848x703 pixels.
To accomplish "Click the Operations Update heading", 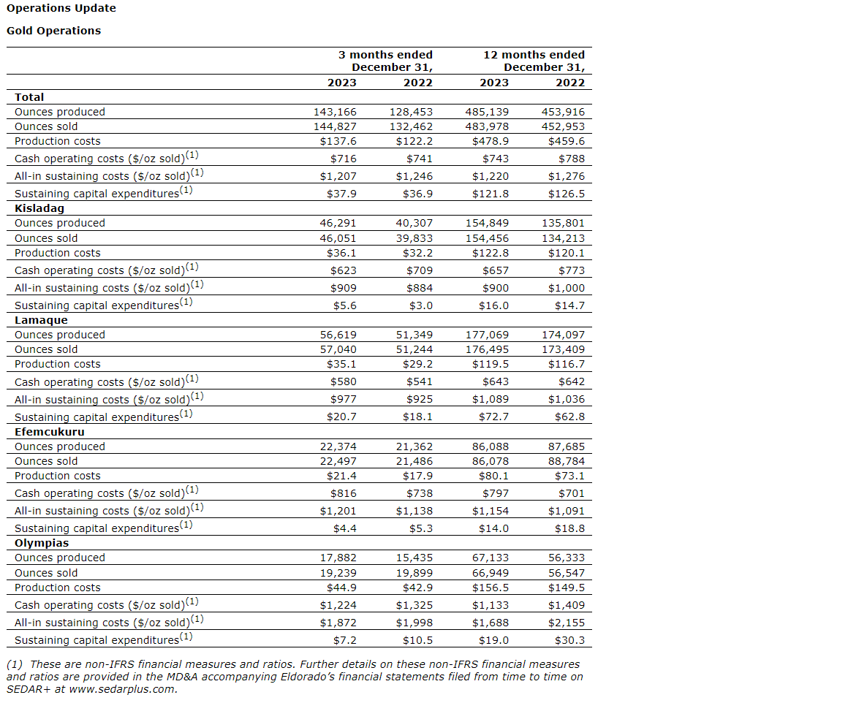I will pyautogui.click(x=61, y=8).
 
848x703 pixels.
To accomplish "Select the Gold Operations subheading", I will pyautogui.click(x=53, y=31).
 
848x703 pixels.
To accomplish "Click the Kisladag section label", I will pyautogui.click(x=39, y=208).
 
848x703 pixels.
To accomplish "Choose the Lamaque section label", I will pyautogui.click(x=41, y=320).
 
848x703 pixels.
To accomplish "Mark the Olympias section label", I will pyautogui.click(x=42, y=543).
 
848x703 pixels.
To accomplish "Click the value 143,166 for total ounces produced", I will pyautogui.click(x=336, y=112).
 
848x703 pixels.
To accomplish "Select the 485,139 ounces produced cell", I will pyautogui.click(x=488, y=112).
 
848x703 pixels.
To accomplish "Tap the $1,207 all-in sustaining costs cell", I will pyautogui.click(x=338, y=176).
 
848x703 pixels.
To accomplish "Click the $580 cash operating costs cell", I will pyautogui.click(x=343, y=381).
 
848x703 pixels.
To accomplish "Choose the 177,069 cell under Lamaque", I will pyautogui.click(x=488, y=335).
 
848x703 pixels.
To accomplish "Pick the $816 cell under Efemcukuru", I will pyautogui.click(x=343, y=493).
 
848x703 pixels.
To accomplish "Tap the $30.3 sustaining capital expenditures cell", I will pyautogui.click(x=569, y=640).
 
